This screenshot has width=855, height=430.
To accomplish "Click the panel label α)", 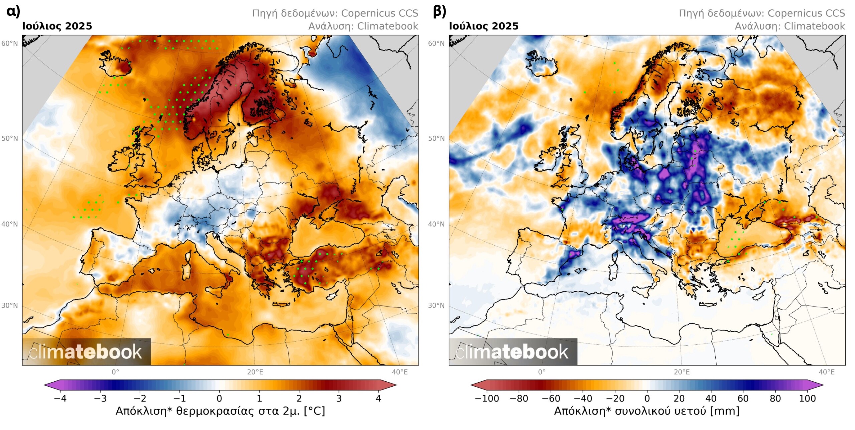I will [x=13, y=11].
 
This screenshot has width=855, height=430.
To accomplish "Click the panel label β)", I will [x=439, y=11].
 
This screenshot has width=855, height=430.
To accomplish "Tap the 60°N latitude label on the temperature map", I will [x=10, y=44].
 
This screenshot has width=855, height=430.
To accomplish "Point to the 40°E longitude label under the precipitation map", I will [x=826, y=372].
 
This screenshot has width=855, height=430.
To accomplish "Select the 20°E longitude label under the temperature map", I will [x=255, y=372].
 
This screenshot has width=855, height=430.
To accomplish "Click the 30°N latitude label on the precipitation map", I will [x=436, y=306].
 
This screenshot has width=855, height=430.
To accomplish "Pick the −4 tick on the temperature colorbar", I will [x=60, y=398].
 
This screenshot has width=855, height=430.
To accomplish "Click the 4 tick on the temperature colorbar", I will [x=378, y=398].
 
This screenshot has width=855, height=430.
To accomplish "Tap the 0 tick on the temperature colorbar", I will [x=219, y=398].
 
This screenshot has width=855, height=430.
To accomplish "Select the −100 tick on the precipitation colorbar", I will [x=487, y=398].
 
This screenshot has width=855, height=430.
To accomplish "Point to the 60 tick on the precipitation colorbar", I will [x=743, y=398].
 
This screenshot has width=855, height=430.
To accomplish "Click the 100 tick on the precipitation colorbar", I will [x=807, y=398].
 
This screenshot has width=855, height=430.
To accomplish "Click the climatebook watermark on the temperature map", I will [x=86, y=352].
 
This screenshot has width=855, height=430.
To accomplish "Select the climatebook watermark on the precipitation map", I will [x=512, y=352].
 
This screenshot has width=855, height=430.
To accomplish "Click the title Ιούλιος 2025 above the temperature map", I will [x=57, y=26].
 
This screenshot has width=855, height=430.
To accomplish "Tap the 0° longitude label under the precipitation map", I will [x=542, y=372].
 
